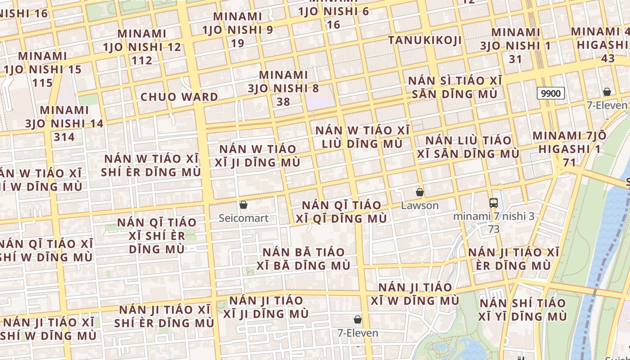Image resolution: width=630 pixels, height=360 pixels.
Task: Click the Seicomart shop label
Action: coord(243,218)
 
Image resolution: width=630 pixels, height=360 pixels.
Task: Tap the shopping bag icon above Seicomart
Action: coord(243,205)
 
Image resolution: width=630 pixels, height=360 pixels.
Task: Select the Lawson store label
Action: coord(419,206)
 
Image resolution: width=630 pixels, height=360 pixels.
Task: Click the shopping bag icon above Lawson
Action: coord(420,192)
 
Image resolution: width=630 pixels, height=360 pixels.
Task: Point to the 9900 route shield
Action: coord(551,93)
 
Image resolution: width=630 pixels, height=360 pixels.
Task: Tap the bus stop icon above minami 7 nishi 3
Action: coord(494,202)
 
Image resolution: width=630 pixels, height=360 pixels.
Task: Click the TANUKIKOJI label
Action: coord(425,40)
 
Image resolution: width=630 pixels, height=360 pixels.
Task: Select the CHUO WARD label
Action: coord(179,97)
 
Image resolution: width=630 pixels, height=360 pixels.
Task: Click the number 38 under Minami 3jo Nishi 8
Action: coord(283,102)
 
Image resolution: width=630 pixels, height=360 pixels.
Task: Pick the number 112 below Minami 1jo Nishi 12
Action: coord(142,60)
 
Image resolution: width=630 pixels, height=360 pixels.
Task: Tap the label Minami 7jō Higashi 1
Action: coord(569,142)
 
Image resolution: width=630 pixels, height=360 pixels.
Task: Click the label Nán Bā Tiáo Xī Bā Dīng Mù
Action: coord(303,259)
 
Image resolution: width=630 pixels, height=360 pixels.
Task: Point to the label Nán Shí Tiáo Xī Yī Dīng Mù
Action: coord(523,310)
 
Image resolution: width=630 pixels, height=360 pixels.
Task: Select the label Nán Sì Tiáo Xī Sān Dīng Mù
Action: coord(454,87)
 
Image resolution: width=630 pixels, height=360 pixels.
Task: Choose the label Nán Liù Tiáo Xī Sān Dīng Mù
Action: coord(468,147)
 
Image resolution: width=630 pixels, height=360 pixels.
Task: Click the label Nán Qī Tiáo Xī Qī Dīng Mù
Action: coord(344,212)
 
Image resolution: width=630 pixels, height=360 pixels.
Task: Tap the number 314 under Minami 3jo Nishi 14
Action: coord(64,137)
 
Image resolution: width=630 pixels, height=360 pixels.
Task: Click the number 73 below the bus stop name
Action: coord(494,229)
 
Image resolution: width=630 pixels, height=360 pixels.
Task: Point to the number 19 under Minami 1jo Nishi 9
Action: coord(237,43)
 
